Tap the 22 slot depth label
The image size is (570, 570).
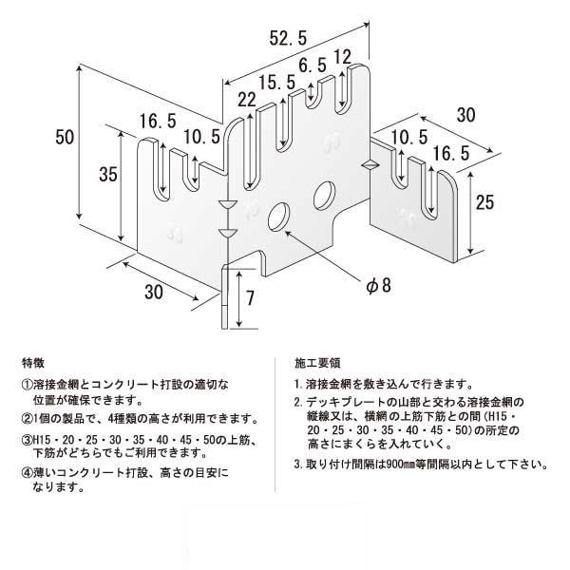coord(248,100)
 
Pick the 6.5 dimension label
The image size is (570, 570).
coord(313,67)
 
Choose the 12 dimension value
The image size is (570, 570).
coord(343,55)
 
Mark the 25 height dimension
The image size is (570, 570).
coord(484,201)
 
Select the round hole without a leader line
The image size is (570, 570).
coord(323,194)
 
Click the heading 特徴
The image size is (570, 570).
coord(31,363)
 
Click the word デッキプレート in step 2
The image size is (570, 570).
coord(339,403)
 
